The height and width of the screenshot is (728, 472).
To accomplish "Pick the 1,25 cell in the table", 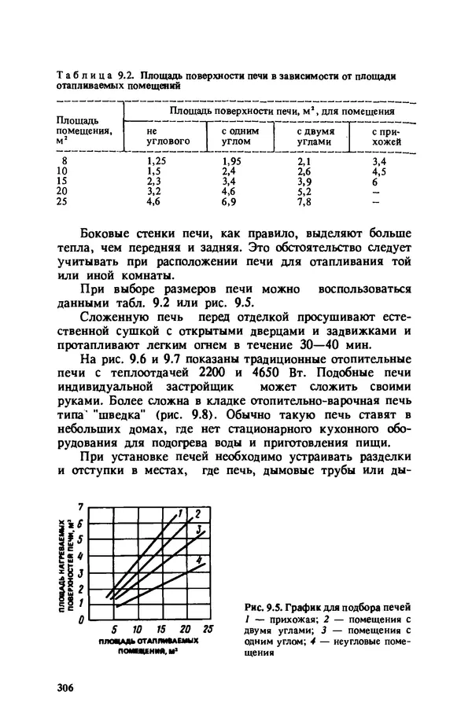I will [158, 160].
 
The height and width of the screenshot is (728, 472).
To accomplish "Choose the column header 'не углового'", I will [168, 136].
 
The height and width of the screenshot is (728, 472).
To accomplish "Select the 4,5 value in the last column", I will [379, 171].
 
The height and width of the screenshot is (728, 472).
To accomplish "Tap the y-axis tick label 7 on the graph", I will [79, 506].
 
